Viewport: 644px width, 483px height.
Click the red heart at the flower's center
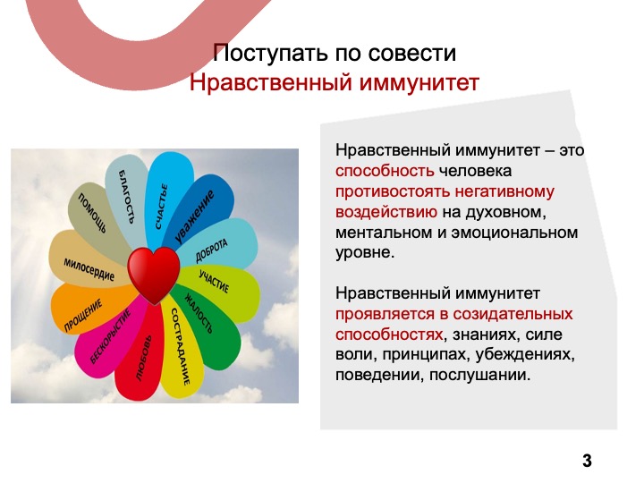click(154, 274)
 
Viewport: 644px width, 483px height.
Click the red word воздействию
click(386, 212)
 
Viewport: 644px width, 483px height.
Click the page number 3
click(587, 461)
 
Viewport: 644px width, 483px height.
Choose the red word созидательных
click(513, 314)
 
